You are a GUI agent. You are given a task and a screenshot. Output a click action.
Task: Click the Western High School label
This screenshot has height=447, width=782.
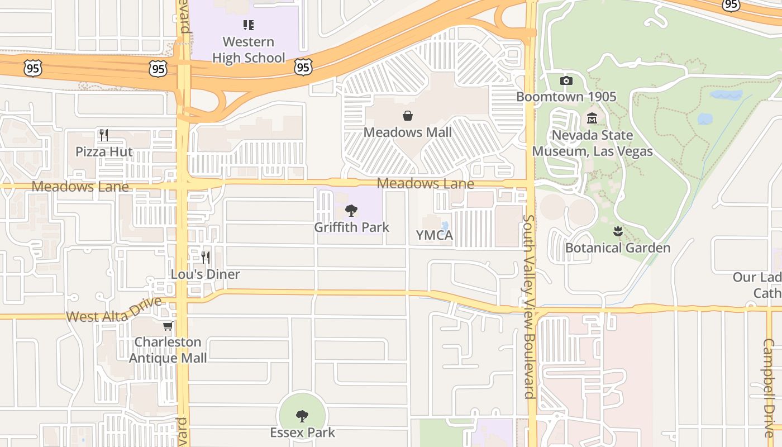pyautogui.click(x=249, y=50)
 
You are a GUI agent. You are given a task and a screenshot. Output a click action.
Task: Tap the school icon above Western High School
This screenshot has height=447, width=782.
pyautogui.click(x=249, y=25)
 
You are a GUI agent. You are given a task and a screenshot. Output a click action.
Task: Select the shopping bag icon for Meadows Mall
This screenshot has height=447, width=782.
pyautogui.click(x=408, y=116)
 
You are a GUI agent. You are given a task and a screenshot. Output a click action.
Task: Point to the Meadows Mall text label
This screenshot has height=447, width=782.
pyautogui.click(x=408, y=132)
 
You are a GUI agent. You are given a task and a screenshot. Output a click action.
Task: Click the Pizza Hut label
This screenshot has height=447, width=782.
pyautogui.click(x=104, y=152)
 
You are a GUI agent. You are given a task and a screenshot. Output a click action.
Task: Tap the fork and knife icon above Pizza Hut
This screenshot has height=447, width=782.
pyautogui.click(x=103, y=135)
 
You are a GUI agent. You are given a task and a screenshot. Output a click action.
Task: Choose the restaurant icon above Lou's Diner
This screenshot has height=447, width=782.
pyautogui.click(x=206, y=257)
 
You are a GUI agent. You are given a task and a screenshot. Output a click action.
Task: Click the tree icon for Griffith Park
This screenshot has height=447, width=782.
pyautogui.click(x=351, y=211)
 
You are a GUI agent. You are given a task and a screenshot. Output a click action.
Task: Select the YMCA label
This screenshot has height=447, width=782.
pyautogui.click(x=435, y=236)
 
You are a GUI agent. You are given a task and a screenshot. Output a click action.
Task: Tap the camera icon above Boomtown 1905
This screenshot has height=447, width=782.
pyautogui.click(x=566, y=80)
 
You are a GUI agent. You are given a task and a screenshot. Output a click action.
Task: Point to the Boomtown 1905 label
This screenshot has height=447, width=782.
pyautogui.click(x=566, y=97)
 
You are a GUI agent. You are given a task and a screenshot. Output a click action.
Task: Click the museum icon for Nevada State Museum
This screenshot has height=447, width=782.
pyautogui.click(x=592, y=118)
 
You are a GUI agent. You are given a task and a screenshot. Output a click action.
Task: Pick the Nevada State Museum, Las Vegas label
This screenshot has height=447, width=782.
pyautogui.click(x=592, y=143)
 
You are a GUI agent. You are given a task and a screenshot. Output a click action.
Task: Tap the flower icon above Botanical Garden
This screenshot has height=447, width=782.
pyautogui.click(x=618, y=231)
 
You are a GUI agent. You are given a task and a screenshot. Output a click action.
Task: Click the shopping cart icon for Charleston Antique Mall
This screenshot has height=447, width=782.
pyautogui.click(x=168, y=326)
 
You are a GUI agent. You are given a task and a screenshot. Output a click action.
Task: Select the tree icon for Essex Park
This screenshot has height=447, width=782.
pyautogui.click(x=302, y=416)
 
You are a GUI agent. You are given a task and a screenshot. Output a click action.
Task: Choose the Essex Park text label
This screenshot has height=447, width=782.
pyautogui.click(x=302, y=432)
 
